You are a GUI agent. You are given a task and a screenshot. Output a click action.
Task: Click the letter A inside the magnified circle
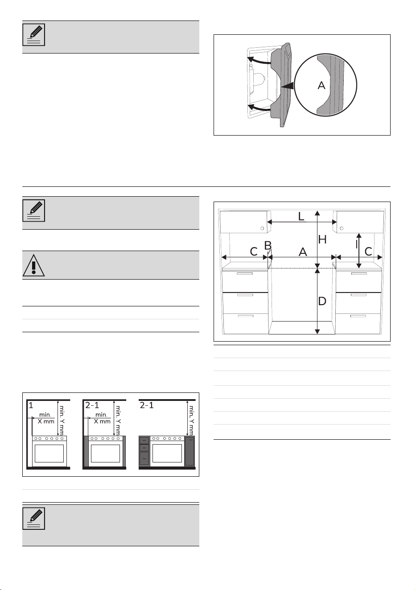pos(321,85)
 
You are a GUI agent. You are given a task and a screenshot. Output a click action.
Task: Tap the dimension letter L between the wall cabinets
pos(301,216)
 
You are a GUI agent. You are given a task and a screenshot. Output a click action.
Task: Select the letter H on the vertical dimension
pos(322,239)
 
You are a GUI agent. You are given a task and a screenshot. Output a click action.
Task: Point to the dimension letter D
pos(322,301)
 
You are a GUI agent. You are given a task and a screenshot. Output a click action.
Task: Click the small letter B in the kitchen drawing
pos(268,245)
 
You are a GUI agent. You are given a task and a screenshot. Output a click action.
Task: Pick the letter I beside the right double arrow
pos(357,245)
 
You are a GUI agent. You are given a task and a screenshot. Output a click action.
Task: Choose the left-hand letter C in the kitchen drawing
pos(254,252)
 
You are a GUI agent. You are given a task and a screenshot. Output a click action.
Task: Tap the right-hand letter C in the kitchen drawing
pos(368,252)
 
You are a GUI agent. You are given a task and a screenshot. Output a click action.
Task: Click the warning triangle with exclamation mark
pos(34,265)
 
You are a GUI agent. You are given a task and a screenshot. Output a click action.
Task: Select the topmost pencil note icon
pos(34,34)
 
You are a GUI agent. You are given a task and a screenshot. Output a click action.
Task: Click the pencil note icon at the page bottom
pos(34,519)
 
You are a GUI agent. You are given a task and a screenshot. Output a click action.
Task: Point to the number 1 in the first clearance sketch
pos(31,405)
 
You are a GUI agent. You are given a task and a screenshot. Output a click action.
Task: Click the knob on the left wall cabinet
pos(262,228)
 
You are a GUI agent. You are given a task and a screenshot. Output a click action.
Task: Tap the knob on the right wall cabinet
pos(342,228)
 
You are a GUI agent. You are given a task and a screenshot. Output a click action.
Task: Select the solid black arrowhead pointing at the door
pos(288,86)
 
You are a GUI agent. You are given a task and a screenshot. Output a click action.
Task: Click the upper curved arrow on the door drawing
pos(259,61)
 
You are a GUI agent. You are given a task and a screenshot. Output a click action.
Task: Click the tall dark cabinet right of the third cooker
pos(189,451)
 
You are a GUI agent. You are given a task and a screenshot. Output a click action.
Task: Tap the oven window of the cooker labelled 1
pos(49,453)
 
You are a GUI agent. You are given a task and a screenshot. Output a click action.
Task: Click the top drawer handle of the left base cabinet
pos(245,273)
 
